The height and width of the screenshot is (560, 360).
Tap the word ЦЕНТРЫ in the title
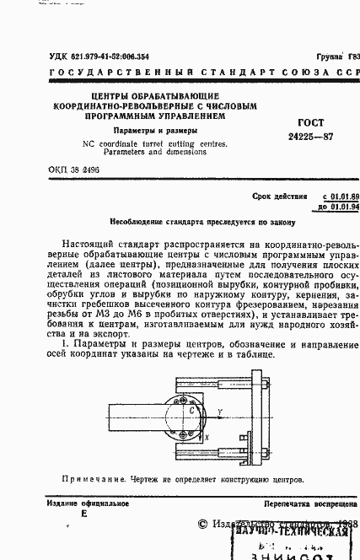(x=116, y=97)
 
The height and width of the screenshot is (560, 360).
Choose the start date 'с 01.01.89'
(x=335, y=195)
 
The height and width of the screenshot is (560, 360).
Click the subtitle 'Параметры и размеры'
(x=155, y=131)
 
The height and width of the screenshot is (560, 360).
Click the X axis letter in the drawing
(x=207, y=439)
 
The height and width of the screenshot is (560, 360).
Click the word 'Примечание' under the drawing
(x=90, y=479)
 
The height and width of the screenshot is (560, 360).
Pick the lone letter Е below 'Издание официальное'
(x=83, y=514)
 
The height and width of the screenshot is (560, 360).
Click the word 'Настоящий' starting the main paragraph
(x=93, y=244)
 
